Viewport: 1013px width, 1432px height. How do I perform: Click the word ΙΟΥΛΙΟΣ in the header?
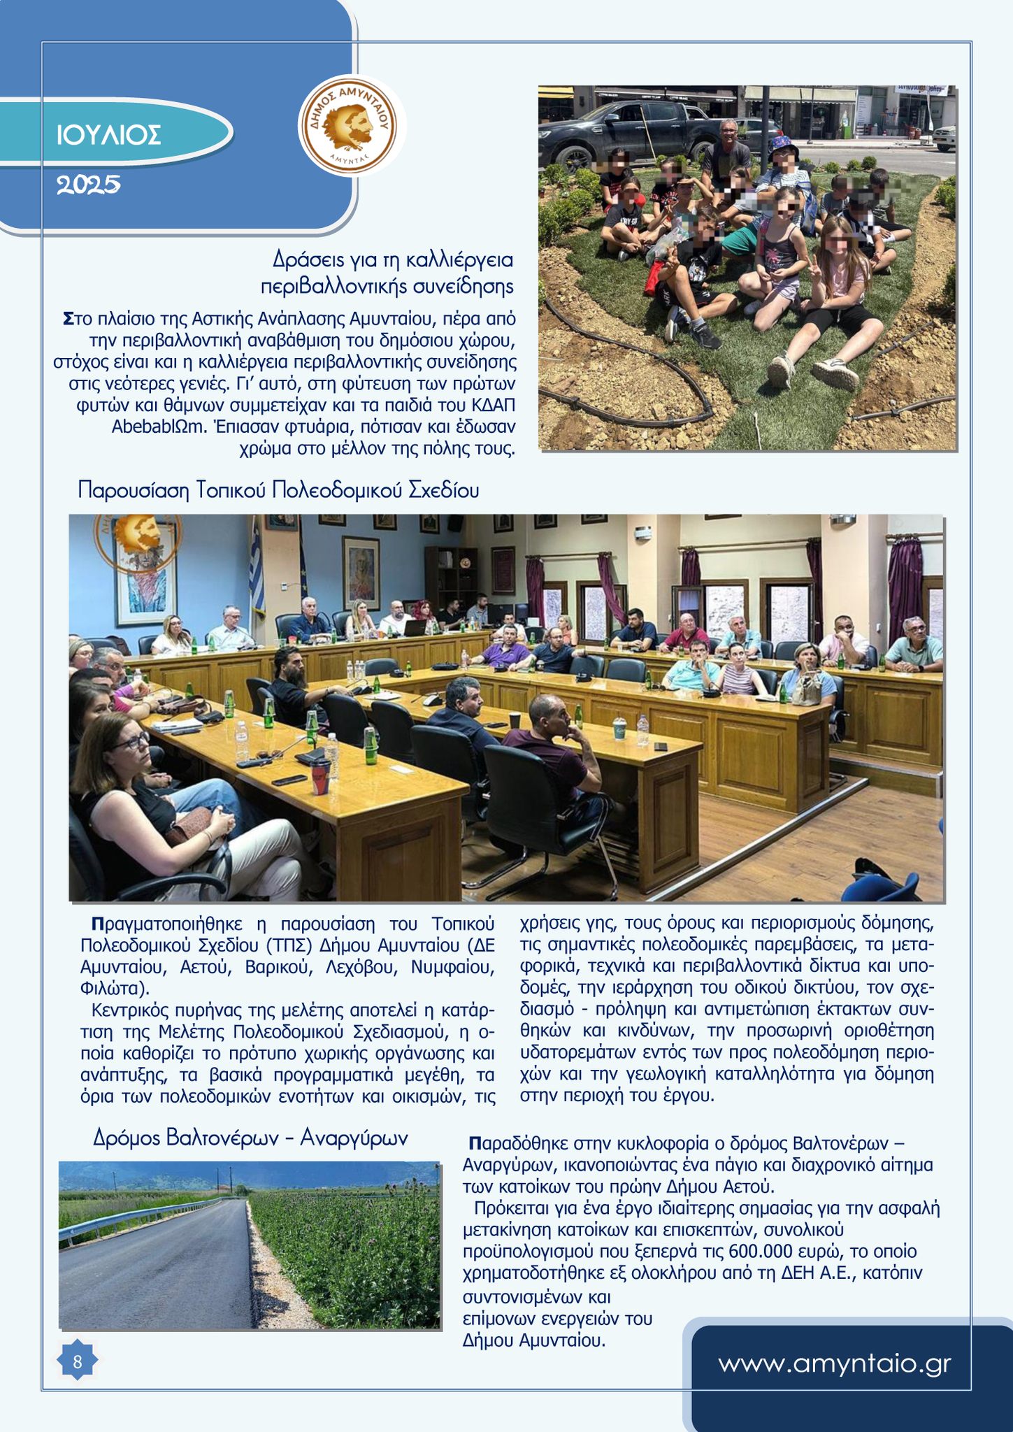pos(108,135)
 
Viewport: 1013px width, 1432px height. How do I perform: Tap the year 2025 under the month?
pos(88,185)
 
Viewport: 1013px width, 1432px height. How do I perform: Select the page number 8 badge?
pos(77,1361)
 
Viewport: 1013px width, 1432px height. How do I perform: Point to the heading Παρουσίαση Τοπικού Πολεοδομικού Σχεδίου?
pos(278,490)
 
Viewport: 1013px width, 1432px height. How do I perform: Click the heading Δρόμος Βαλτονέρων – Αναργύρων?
pos(250,1138)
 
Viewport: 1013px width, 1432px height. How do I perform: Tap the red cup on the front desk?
pos(320,776)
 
